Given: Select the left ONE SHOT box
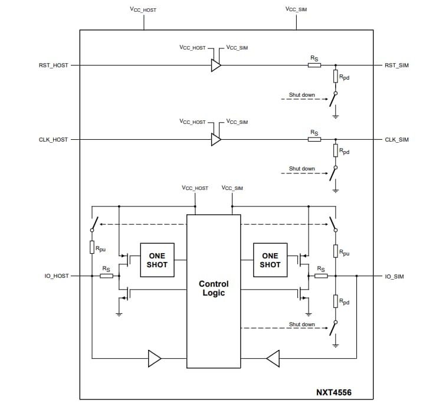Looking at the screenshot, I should (157, 260).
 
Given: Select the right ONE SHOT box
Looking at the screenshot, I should (270, 260).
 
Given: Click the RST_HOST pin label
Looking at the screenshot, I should (53, 65).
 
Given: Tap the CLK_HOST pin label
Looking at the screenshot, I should (53, 140).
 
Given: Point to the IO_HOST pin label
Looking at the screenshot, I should (57, 276).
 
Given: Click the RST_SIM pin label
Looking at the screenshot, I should (396, 65).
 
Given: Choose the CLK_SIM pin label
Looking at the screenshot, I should (396, 140).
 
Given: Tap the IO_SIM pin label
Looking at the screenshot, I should (394, 276).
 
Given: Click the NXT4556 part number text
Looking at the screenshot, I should (333, 392).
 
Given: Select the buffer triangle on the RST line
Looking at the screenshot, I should (216, 65).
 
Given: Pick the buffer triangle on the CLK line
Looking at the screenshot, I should (216, 140).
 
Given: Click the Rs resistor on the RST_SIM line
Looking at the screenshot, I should (314, 65).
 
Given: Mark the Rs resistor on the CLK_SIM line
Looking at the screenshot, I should (314, 140).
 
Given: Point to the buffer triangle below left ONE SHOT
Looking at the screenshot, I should (154, 358).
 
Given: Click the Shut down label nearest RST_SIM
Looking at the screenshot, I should (301, 94).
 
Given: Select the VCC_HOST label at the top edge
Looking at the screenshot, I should (143, 10).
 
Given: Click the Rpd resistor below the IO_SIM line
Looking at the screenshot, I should (335, 301).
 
